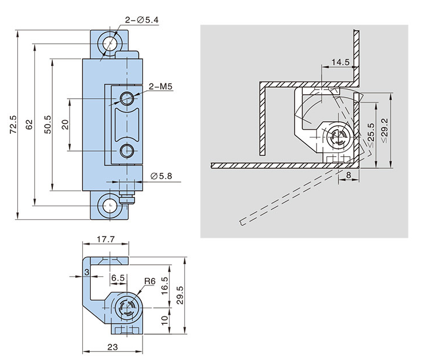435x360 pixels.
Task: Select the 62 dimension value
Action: coord(29,125)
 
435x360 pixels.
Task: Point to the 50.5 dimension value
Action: coord(48,124)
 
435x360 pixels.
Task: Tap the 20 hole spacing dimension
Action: coord(66,124)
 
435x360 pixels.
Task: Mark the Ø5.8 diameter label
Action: coord(160,175)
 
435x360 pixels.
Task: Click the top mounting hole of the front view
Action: coord(109,44)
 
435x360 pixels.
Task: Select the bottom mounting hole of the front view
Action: coord(109,205)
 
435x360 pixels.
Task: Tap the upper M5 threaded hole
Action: coord(127,96)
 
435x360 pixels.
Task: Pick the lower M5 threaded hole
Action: coord(127,152)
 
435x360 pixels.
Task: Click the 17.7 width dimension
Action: coord(105,239)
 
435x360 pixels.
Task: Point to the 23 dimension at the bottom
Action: coord(113,346)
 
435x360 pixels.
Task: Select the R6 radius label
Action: coord(150,281)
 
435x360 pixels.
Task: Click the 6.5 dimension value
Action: coord(118,277)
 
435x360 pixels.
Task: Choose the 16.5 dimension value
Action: coord(164,285)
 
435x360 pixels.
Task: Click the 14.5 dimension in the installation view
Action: coord(340,61)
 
